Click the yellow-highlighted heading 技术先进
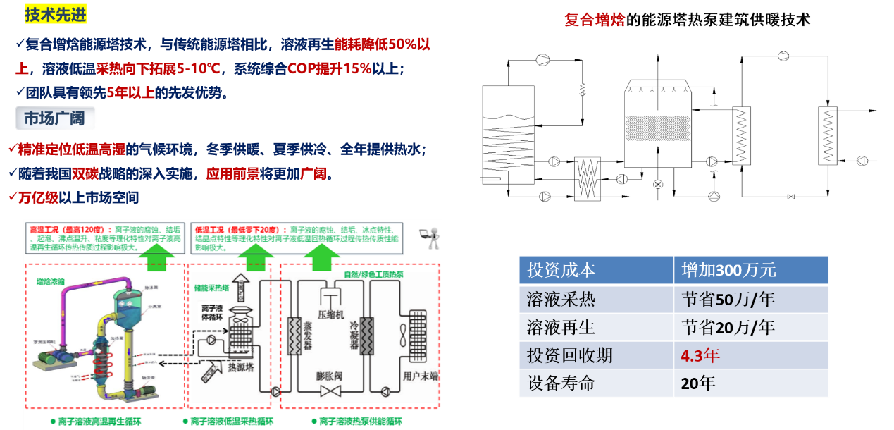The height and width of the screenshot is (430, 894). pyautogui.click(x=46, y=14)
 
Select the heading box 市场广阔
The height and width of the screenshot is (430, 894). pyautogui.click(x=55, y=118)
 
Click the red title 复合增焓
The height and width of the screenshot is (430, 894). pyautogui.click(x=594, y=20)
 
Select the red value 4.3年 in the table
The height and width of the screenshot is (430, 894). pyautogui.click(x=700, y=355)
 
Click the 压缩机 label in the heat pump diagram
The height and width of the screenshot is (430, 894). pyautogui.click(x=330, y=314)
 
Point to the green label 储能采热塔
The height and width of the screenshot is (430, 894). pyautogui.click(x=212, y=288)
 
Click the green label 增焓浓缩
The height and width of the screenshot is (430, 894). pyautogui.click(x=50, y=282)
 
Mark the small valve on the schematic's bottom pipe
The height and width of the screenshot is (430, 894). pyautogui.click(x=790, y=196)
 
